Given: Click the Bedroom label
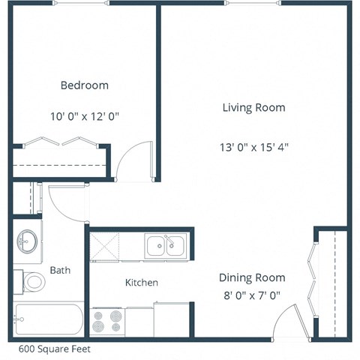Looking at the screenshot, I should coord(84,85).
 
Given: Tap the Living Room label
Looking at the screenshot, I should coord(253,107).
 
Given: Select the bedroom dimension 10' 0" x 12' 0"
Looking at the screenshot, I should coord(84,116).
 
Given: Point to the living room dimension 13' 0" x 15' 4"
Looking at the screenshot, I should coord(253,147).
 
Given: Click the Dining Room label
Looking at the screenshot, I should coord(252,277).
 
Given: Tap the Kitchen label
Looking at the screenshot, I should coord(141,283).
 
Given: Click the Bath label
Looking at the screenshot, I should coord(60,270).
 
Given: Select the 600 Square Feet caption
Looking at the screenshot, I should coord(49,349).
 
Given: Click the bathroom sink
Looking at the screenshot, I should coord(28,241).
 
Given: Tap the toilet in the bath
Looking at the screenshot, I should coord(32,283).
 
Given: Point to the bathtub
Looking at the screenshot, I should coord(48,321).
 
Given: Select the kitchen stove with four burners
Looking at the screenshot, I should coord(108,321).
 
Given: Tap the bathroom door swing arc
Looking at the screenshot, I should coord(66,199).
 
